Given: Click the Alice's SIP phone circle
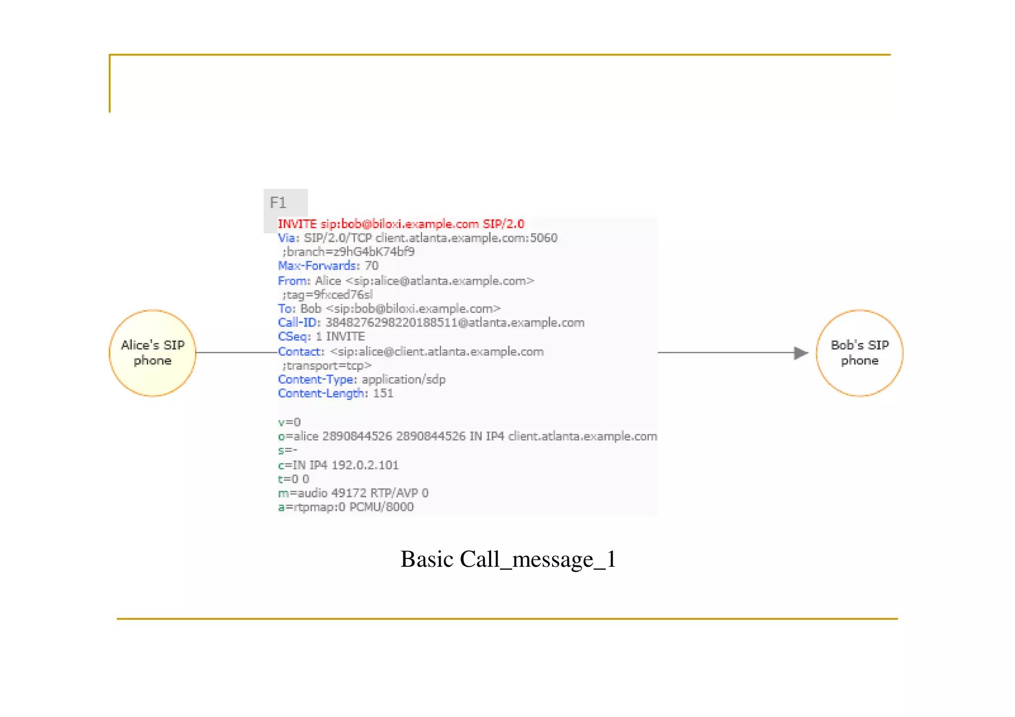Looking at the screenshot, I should pos(153,353).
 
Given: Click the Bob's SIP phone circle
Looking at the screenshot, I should pos(859,353).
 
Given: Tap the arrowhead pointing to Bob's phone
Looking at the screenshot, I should pos(800,353).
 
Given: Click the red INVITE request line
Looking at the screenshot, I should pos(400,224).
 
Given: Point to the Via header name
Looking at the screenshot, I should pos(287,238).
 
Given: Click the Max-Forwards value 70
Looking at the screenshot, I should pos(372,266).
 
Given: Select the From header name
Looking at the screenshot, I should pos(293,281).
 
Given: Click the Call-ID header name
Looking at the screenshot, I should pos(297,323).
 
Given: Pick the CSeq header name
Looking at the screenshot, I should pos(293,337).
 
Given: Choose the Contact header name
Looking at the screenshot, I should pos(300,352).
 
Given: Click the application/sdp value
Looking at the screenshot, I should pos(403,380).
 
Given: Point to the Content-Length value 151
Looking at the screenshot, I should pos(383,393).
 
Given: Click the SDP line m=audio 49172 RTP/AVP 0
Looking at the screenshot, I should pos(353,493).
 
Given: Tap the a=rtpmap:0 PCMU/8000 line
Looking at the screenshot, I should pos(345,507).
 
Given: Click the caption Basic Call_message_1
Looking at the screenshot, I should pos(508,559).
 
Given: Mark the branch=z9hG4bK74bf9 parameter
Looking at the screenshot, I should pos(348,252).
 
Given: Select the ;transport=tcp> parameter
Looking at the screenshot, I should pos(327,366).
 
